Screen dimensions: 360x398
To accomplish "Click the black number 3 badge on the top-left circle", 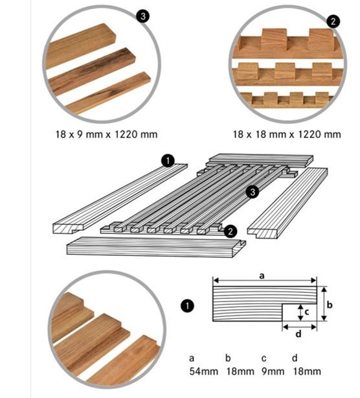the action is coord(143,16).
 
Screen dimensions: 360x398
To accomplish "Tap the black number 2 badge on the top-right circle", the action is coord(333,21).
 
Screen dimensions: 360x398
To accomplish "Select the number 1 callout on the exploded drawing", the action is coord(168,161).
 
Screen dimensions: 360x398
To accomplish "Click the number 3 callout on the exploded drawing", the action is coord(253,192).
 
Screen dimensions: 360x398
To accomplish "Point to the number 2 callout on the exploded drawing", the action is coord(231,231).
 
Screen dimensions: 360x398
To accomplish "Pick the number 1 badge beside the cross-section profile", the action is coord(187,305).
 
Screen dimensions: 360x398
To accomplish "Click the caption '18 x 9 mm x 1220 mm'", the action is coord(106,134).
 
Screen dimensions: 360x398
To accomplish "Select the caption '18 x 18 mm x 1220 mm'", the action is coord(287,134).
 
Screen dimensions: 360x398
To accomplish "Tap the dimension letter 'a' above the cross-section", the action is coord(262,275).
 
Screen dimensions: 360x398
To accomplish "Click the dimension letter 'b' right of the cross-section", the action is coord(330,305).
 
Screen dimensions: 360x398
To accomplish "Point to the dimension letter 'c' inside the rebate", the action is coord(307,312).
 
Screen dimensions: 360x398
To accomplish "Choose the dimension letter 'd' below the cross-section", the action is coord(298,334).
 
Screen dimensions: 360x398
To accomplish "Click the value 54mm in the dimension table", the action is coord(203,371).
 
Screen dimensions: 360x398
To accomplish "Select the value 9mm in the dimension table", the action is coord(273,371).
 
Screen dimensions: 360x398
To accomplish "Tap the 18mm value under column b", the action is coord(240,371).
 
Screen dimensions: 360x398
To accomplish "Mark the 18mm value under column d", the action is coord(307,371).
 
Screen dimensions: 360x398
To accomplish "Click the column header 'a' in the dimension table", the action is coord(192,358).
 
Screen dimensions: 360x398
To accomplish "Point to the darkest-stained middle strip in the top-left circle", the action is coord(91,71).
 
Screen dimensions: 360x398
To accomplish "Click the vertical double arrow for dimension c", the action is coord(300,312).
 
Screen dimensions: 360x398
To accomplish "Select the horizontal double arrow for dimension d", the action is coord(299,327).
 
